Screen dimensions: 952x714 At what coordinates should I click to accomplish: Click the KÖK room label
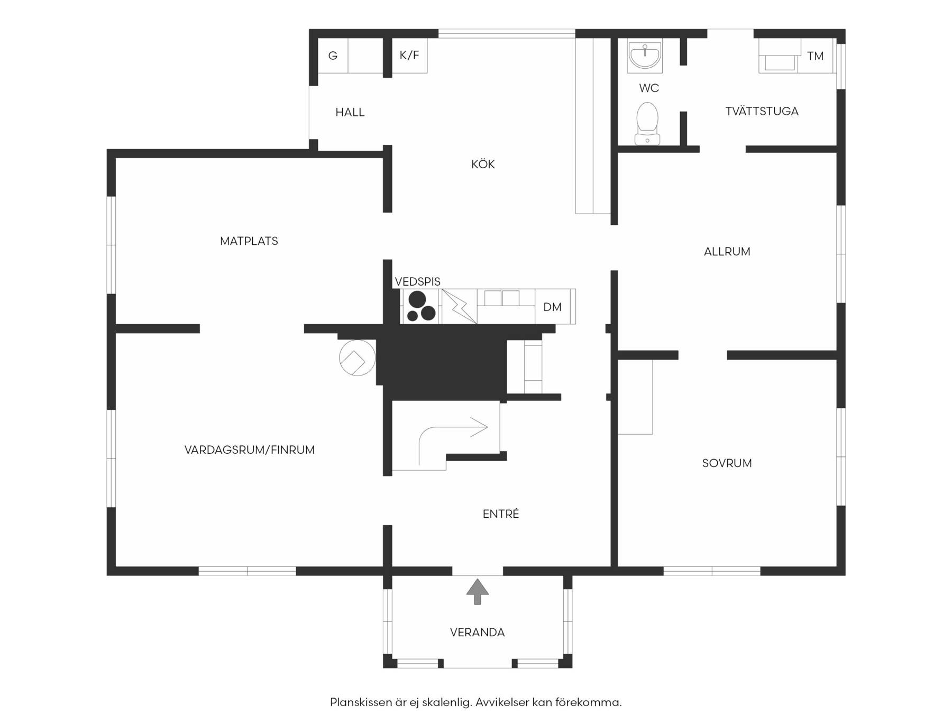[x=483, y=164]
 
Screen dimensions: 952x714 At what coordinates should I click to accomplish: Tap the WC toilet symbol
[x=647, y=123]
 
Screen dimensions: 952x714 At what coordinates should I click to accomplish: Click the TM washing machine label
[x=815, y=56]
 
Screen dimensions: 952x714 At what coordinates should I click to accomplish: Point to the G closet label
[x=333, y=56]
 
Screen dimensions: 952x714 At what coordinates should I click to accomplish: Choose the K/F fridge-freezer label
[x=409, y=55]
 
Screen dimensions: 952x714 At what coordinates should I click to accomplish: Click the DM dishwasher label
[x=552, y=307]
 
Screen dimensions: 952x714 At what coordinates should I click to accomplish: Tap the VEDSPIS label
[x=417, y=281]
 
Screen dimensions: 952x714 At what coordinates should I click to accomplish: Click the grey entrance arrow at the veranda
[x=478, y=591]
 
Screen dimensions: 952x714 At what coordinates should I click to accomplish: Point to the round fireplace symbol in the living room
[x=357, y=358]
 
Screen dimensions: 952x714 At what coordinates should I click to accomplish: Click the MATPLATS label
[x=249, y=241]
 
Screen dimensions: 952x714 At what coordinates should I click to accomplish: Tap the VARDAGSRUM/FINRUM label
[x=250, y=450]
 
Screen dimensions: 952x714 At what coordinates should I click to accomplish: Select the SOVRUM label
[x=727, y=463]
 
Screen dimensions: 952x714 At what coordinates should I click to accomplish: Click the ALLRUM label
[x=727, y=252]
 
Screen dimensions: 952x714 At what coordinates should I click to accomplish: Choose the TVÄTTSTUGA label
[x=762, y=111]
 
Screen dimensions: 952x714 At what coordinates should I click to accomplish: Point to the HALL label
[x=350, y=112]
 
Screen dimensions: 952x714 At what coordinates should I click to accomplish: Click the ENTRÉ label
[x=501, y=514]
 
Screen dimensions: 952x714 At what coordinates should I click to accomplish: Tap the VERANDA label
[x=477, y=633]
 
